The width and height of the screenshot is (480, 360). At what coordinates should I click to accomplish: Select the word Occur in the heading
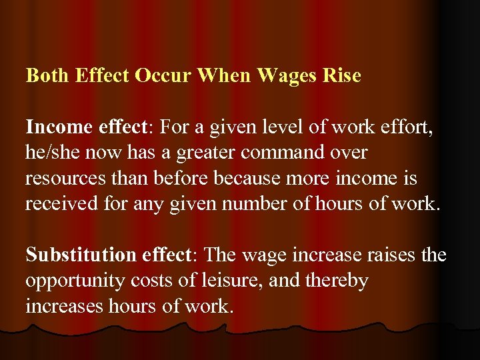click(163, 75)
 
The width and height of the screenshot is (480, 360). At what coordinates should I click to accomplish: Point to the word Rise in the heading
click(341, 75)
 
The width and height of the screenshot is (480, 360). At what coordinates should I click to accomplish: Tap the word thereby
click(338, 281)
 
